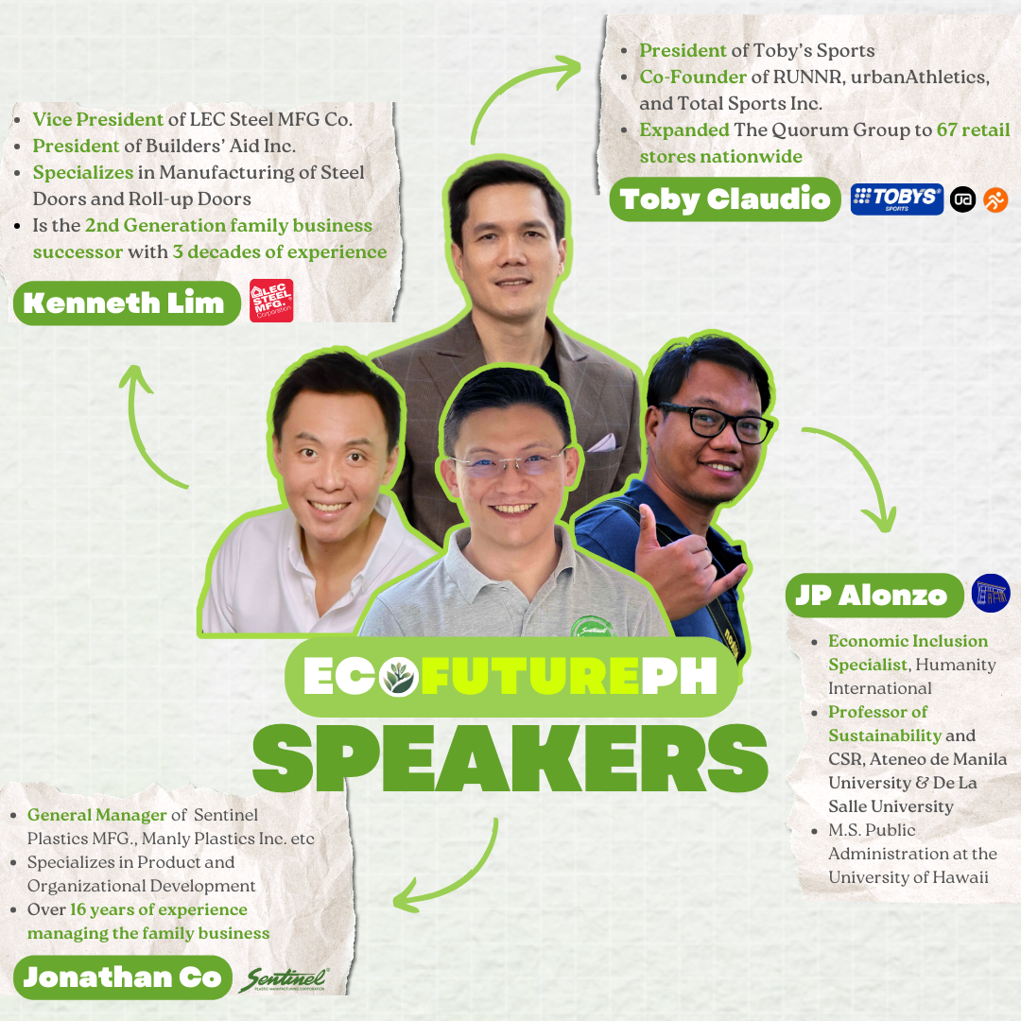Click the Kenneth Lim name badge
pos(124,303)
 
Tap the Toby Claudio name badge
pos(724,199)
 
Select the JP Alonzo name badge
pos(872,595)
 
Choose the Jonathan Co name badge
pos(122,977)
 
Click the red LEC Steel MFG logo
pos(271,301)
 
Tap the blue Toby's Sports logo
pos(896,199)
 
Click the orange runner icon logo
pos(995,199)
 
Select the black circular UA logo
pos(962,199)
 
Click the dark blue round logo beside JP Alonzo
pos(991,593)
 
